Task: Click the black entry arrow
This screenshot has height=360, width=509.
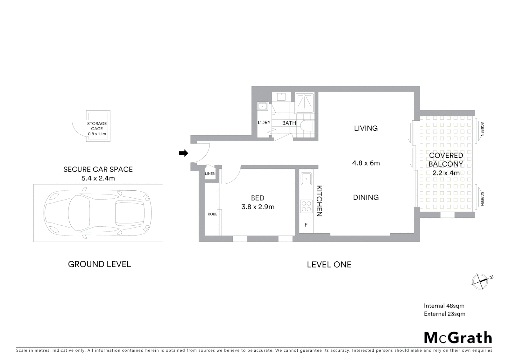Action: (183, 153)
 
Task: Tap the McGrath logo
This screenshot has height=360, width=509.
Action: (458, 338)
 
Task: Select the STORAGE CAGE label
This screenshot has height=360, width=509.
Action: (97, 126)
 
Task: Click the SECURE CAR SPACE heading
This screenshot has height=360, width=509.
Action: (98, 169)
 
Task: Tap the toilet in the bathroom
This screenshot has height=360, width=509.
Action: (307, 126)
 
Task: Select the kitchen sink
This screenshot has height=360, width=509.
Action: (306, 179)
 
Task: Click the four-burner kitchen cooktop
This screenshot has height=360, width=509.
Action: (306, 206)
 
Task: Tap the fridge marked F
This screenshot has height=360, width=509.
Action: (306, 225)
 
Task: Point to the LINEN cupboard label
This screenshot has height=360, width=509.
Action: (210, 174)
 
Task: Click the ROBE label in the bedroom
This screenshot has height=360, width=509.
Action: (212, 214)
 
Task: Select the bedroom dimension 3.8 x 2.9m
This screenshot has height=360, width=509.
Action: (258, 207)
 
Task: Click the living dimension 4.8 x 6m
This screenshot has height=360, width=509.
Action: (366, 163)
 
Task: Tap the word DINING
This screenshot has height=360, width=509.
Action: (366, 197)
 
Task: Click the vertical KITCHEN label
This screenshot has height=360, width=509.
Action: (319, 201)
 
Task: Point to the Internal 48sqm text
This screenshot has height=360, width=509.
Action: (444, 306)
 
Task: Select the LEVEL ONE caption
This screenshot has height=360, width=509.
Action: (329, 265)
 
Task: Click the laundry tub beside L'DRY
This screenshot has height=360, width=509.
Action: (263, 106)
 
